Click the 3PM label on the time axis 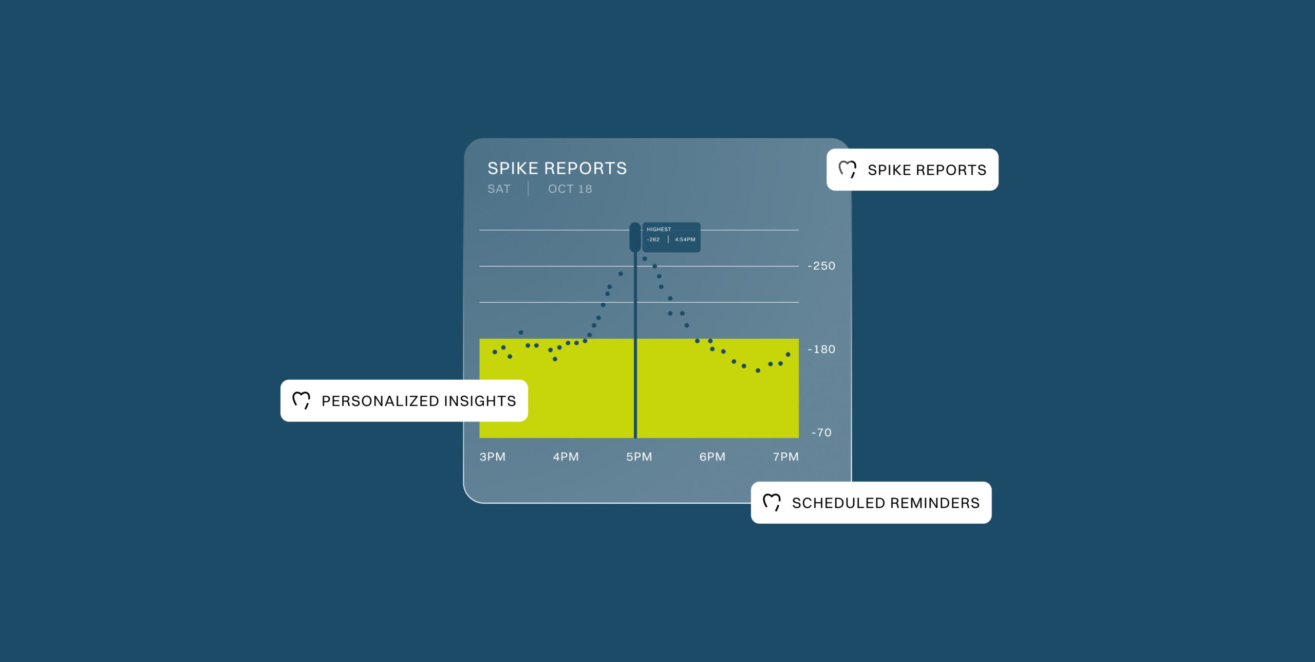[492, 456]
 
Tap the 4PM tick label [566, 456]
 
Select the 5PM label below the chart [639, 456]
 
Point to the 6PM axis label [712, 456]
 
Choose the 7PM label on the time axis [786, 456]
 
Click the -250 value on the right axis [821, 266]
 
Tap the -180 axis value [821, 349]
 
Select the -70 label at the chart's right [821, 432]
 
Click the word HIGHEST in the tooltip [659, 229]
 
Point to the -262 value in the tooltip [653, 240]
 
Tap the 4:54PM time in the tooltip [685, 240]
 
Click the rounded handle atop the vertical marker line [635, 237]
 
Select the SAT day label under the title [499, 189]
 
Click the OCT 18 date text [570, 189]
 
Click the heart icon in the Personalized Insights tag [301, 400]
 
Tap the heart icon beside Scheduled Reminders [772, 502]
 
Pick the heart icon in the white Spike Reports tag [848, 169]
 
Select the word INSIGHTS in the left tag [480, 401]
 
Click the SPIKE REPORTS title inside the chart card [557, 168]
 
